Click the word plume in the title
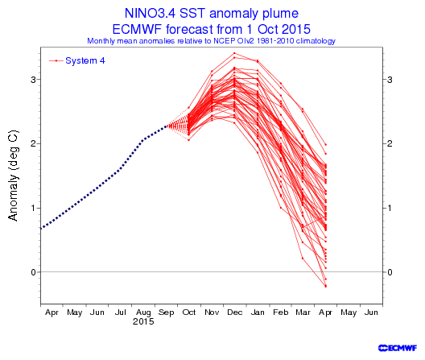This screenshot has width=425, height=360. (281, 14)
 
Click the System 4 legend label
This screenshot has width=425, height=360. (85, 60)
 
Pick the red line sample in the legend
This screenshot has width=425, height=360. (56, 60)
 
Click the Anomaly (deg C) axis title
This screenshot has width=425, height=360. (13, 176)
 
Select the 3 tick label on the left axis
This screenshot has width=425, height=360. (33, 80)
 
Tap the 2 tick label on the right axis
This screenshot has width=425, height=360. (390, 143)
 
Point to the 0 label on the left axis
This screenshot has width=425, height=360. (33, 272)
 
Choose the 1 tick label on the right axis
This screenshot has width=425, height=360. (390, 208)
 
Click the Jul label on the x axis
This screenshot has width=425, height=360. (121, 312)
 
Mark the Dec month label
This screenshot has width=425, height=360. (235, 312)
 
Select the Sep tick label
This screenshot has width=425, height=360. (166, 312)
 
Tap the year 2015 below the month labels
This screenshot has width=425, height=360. (143, 322)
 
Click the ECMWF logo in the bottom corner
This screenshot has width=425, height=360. (398, 348)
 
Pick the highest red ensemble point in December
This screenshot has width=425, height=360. (234, 53)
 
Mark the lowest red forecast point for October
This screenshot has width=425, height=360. (188, 140)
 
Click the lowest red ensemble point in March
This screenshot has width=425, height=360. (303, 258)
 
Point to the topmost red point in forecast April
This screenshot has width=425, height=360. (326, 145)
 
